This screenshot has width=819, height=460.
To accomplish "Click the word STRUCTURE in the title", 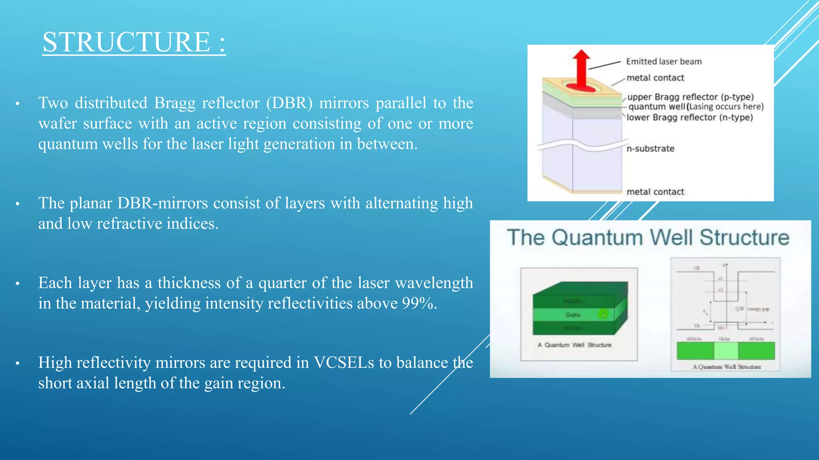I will [126, 42].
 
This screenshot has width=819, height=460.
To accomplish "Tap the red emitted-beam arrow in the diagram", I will [581, 68].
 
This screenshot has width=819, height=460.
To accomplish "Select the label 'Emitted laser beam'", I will [663, 61].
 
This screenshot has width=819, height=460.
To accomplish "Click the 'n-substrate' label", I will [650, 149].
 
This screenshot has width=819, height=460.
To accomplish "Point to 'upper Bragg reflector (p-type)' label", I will [690, 97].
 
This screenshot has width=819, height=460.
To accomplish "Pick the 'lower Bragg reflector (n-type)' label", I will [689, 117].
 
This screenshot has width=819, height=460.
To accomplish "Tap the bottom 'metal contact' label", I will [655, 192].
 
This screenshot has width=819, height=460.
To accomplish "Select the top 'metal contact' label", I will [655, 78].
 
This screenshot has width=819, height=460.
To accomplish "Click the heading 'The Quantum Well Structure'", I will [648, 238].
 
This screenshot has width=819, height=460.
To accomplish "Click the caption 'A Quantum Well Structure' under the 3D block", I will [574, 345].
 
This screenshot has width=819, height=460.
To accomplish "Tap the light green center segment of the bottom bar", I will [726, 351].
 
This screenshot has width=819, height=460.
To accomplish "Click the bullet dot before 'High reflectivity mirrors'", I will [18, 364].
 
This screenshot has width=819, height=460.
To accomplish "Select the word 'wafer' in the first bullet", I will [58, 123].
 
